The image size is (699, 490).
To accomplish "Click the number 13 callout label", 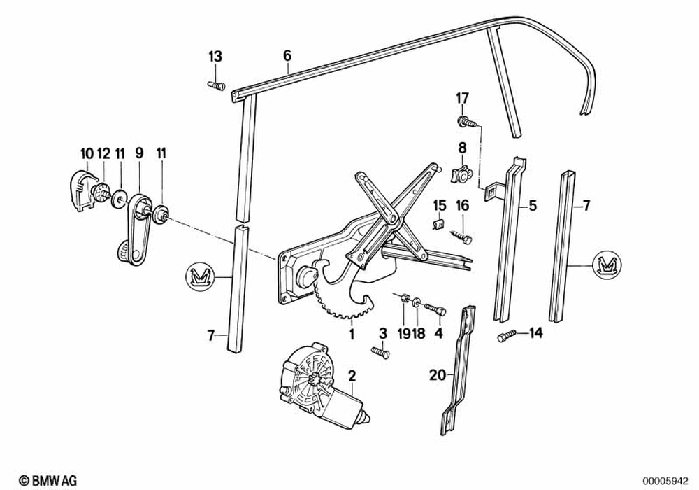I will [214, 56].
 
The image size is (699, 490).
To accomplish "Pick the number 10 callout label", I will [86, 152].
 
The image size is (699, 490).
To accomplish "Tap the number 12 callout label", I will [103, 152].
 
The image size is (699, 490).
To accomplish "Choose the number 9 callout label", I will [139, 152].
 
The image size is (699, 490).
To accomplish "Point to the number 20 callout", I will [437, 376].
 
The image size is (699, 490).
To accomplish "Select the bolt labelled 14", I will [505, 337].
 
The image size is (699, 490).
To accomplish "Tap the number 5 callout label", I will [533, 206].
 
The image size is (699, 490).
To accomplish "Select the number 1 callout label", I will [352, 335].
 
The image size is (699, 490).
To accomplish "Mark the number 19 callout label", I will [403, 335].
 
